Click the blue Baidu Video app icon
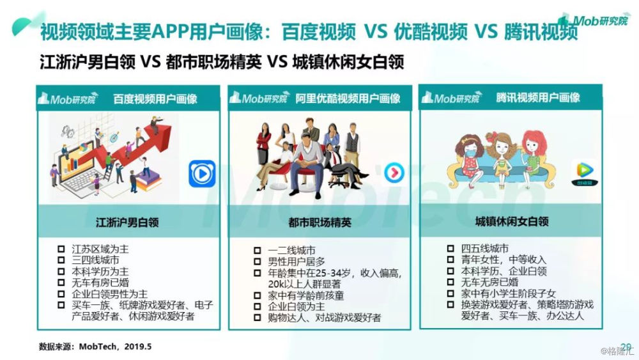202,174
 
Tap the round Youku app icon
394,173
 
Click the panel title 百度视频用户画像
155,99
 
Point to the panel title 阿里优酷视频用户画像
348,98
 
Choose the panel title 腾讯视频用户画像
538,98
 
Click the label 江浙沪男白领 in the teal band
127,222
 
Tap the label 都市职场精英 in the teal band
319,222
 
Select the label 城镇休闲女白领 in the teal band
512,221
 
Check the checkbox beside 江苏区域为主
61,249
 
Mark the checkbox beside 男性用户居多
257,262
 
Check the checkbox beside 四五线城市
450,248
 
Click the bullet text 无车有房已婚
100,283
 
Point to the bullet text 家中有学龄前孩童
305,295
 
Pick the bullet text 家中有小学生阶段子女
508,293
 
